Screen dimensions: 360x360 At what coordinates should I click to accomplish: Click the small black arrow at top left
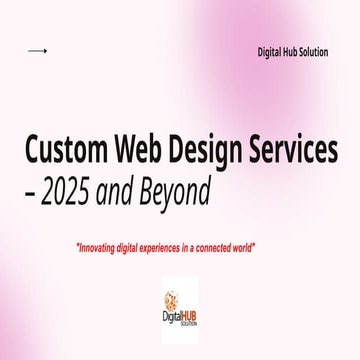(x=37, y=51)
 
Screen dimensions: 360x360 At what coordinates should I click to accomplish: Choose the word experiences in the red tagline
(x=182, y=246)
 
